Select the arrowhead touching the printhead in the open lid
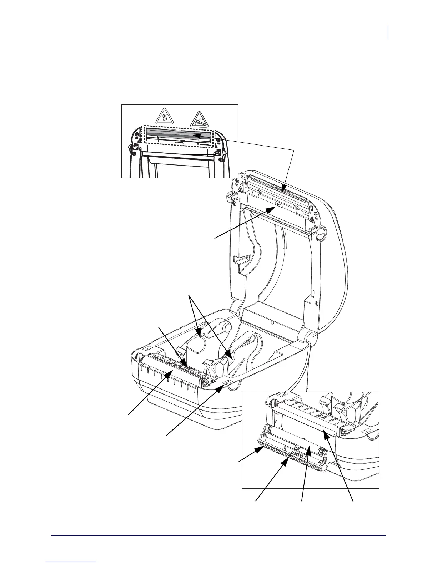point(283,191)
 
